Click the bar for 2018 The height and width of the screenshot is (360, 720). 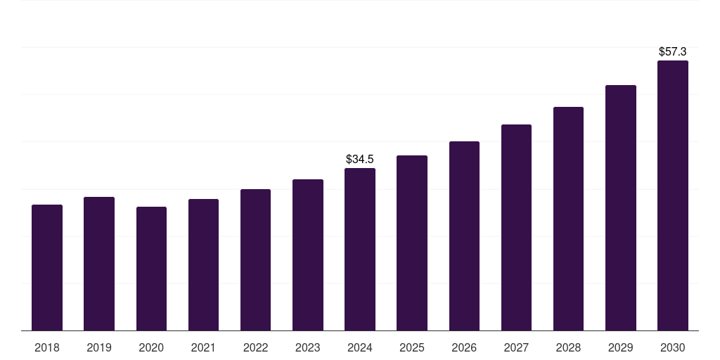[x=47, y=267]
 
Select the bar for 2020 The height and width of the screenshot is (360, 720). [x=151, y=269]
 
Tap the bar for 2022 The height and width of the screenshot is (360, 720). [x=255, y=259]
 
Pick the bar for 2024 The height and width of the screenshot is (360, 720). [x=360, y=249]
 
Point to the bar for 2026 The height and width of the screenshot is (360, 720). [x=464, y=236]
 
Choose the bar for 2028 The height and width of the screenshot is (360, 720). [x=568, y=219]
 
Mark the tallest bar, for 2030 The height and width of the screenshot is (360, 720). [x=673, y=195]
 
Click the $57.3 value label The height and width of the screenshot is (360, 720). [x=673, y=52]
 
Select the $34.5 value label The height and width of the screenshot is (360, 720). [x=360, y=160]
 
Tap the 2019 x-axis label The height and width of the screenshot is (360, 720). [x=99, y=347]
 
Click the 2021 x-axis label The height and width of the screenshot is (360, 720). [x=203, y=347]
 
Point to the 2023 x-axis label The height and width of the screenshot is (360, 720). [x=308, y=347]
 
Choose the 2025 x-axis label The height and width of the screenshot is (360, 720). [x=412, y=347]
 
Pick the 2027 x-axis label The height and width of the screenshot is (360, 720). [x=516, y=347]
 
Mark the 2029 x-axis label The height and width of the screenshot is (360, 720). [x=621, y=347]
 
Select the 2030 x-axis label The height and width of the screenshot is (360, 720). [x=673, y=347]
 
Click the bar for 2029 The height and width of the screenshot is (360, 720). [x=621, y=207]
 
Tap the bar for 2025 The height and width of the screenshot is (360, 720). [x=412, y=243]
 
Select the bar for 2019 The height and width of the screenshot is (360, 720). [x=99, y=264]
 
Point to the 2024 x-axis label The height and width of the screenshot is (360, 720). [x=360, y=347]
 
